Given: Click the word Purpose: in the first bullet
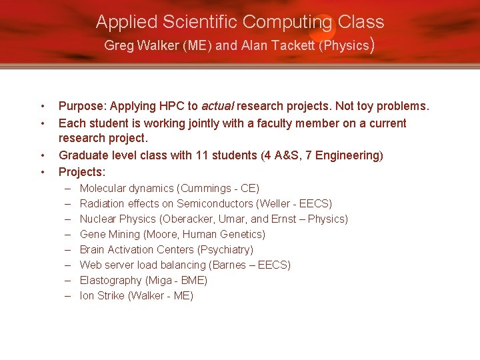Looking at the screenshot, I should click(x=83, y=107).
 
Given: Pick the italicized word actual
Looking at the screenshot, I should click(x=217, y=107).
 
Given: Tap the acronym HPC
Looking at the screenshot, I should click(x=171, y=107).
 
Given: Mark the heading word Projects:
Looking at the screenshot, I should click(x=82, y=171).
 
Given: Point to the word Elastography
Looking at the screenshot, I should click(x=111, y=281).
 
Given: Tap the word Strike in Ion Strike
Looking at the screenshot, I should click(x=110, y=296).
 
